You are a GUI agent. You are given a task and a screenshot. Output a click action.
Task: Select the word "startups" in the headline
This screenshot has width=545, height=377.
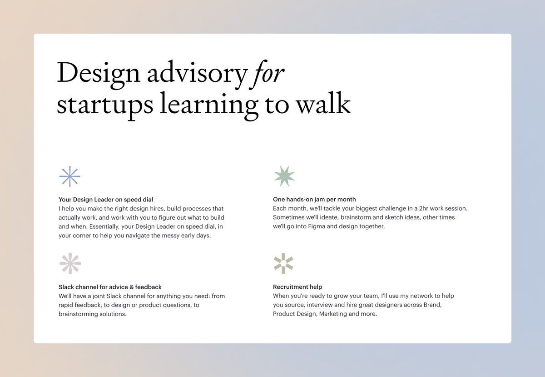pyautogui.click(x=104, y=105)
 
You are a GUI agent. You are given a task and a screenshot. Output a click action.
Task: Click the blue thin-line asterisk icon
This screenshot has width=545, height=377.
pyautogui.click(x=70, y=176)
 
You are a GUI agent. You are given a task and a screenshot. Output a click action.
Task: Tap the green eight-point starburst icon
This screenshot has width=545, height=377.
pyautogui.click(x=284, y=176)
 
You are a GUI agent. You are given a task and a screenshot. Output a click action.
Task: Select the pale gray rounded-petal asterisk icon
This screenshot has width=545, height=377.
pyautogui.click(x=70, y=264)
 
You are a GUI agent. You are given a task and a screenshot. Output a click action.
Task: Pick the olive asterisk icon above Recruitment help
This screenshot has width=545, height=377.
pyautogui.click(x=283, y=263)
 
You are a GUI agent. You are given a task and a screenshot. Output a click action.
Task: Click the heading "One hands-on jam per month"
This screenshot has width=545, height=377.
pyautogui.click(x=314, y=199)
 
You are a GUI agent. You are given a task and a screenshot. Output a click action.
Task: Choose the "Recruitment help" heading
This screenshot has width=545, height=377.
pyautogui.click(x=297, y=287)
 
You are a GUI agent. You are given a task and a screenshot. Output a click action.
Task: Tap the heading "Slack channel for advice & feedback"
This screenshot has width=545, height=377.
pyautogui.click(x=110, y=287)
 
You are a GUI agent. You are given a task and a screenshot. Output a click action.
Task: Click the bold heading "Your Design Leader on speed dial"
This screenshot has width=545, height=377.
pyautogui.click(x=106, y=199)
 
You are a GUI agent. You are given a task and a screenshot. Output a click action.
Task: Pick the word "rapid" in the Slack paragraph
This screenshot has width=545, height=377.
pyautogui.click(x=67, y=305)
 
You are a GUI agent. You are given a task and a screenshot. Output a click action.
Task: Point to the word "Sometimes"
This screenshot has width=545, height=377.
pyautogui.click(x=288, y=217)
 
